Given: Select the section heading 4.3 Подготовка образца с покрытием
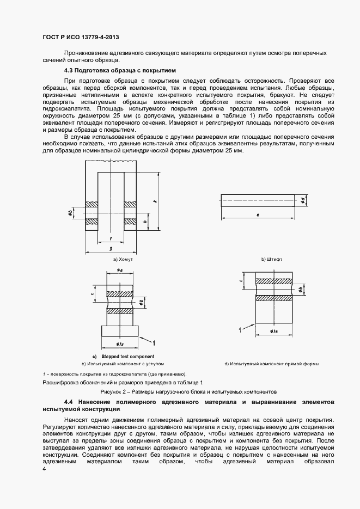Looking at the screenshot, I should click(x=119, y=71).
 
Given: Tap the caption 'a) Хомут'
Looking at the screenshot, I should click(x=123, y=260).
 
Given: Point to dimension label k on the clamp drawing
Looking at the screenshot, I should click(x=155, y=201).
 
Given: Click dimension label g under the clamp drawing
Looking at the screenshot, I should click(x=111, y=248).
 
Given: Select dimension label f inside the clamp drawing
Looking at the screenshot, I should click(x=111, y=238).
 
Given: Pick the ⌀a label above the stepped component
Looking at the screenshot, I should click(x=119, y=269).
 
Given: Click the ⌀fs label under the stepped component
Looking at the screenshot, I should click(x=119, y=344).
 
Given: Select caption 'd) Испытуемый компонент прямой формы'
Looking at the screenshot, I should click(x=271, y=363).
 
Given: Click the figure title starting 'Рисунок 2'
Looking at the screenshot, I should click(x=188, y=391).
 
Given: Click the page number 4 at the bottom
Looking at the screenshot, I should click(x=44, y=469).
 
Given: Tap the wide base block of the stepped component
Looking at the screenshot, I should click(x=119, y=330).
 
